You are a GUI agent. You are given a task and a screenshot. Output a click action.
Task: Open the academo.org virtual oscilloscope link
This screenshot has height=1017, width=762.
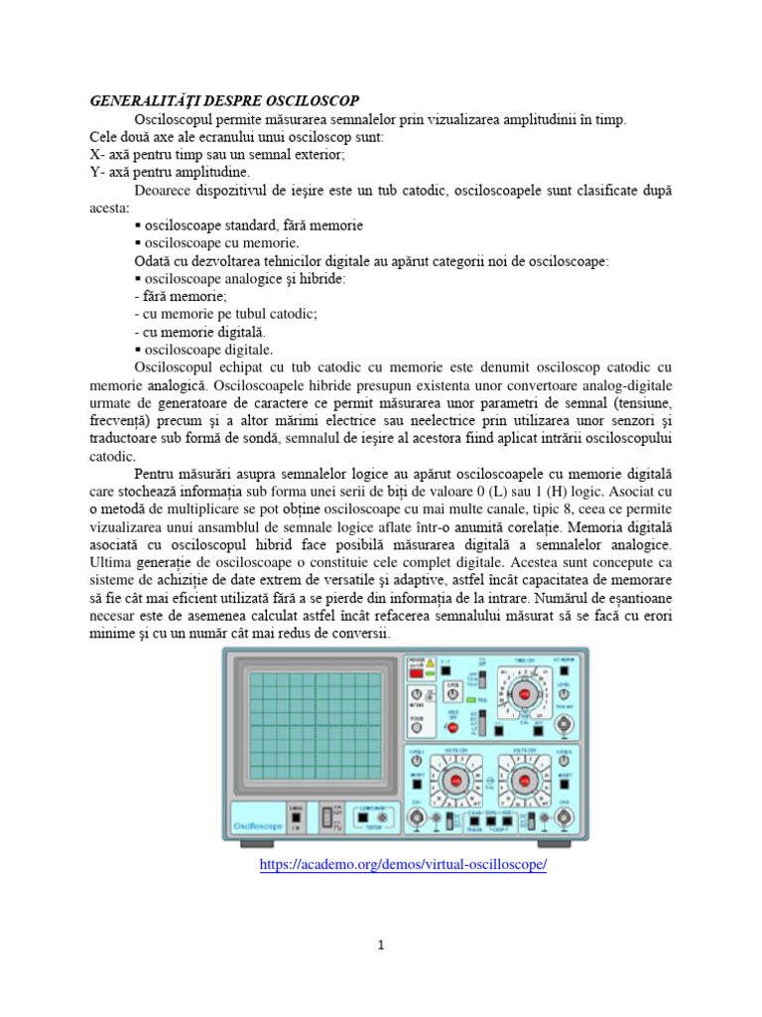tap(403, 865)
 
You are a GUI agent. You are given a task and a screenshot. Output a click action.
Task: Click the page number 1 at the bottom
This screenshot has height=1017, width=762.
tap(380, 945)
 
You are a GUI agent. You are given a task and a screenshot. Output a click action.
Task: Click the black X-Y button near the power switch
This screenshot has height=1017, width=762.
tap(444, 670)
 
